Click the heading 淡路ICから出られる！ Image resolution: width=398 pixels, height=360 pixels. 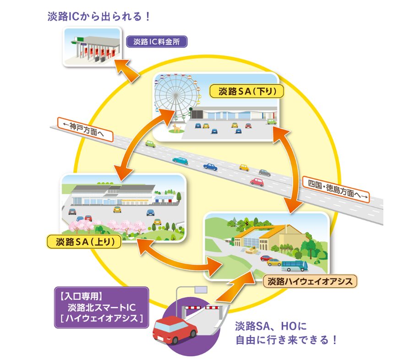tap(99, 16)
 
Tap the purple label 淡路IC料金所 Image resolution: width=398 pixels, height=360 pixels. tap(157, 42)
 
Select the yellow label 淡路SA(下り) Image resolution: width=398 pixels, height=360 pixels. tap(247, 91)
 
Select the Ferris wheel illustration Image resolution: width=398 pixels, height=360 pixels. tap(174, 97)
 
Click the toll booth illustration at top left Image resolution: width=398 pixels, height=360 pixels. tap(92, 47)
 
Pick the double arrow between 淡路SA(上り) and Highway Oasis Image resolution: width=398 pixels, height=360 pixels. tap(179, 257)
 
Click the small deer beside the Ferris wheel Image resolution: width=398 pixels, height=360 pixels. tap(176, 127)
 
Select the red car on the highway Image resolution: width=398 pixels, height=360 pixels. tap(257, 182)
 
